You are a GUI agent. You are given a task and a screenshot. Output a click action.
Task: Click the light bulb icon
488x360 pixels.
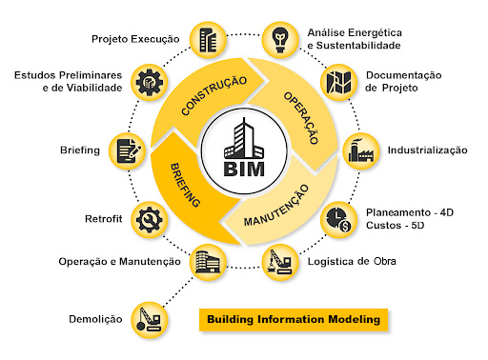(280, 40)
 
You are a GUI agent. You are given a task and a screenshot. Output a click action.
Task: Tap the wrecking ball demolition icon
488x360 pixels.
(149, 320)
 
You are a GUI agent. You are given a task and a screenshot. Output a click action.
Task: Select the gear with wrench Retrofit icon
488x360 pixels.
(149, 219)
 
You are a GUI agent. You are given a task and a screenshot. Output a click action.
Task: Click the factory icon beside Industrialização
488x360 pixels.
(361, 150)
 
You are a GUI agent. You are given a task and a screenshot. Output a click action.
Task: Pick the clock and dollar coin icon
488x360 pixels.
(338, 220)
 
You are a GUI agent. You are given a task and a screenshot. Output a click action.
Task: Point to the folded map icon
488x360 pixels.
(338, 82)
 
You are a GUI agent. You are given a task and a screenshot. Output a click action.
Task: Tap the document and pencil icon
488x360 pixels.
(128, 150)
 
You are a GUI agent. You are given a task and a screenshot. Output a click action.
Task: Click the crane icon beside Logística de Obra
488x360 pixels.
(280, 262)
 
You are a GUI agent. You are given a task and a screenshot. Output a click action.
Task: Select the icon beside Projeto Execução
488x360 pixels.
(208, 40)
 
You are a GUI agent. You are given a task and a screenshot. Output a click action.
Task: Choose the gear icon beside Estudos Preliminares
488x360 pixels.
(149, 83)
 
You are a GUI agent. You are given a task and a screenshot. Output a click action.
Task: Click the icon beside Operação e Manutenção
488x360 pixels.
(208, 262)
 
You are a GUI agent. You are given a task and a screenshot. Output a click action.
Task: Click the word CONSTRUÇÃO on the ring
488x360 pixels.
(213, 95)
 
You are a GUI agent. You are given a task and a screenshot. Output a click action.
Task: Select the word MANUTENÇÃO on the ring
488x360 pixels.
(276, 206)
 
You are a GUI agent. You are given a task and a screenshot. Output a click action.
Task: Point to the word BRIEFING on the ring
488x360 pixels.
(185, 185)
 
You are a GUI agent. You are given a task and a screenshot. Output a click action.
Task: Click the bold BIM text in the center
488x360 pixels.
(244, 170)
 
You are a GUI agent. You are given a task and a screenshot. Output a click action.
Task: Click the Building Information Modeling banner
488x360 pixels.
(294, 320)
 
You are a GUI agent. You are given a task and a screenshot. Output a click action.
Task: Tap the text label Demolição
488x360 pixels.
(95, 319)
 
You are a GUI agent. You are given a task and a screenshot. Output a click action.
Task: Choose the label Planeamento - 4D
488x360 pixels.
(410, 212)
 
